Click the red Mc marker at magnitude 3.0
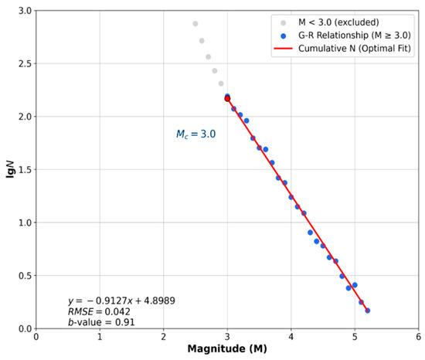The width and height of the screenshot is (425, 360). click(227, 99)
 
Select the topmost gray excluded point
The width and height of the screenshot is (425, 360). click(195, 24)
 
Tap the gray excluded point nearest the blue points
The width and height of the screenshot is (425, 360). click(221, 83)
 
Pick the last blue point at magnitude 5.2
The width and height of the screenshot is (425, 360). click(368, 311)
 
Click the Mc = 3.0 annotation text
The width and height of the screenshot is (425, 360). click(196, 134)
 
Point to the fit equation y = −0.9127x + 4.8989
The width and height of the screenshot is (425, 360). click(121, 301)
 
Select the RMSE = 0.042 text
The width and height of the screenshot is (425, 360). click(99, 312)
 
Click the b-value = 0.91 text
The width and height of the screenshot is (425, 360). click(101, 322)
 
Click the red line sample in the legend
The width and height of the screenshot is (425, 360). click(284, 49)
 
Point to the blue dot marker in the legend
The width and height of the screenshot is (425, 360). click(284, 36)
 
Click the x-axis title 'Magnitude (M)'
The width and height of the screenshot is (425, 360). click(227, 348)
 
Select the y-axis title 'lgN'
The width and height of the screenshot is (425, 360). click(10, 169)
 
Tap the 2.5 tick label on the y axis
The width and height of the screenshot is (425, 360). click(25, 63)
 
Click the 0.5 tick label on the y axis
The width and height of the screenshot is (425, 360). click(25, 276)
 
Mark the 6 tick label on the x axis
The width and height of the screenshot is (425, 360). click(419, 337)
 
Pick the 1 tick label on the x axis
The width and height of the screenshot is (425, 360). click(100, 337)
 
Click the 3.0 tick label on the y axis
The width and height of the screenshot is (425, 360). click(25, 11)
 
